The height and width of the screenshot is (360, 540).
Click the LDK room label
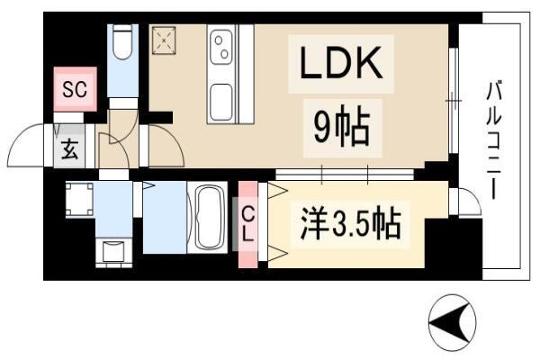click(x=341, y=63)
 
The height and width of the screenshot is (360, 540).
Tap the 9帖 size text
click(x=342, y=128)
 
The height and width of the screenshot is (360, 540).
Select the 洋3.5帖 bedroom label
click(x=351, y=223)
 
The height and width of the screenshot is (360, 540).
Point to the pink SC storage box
click(x=75, y=89)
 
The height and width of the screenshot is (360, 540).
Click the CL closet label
click(x=248, y=225)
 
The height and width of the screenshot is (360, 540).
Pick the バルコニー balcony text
click(x=493, y=139)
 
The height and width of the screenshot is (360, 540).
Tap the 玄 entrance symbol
click(x=69, y=149)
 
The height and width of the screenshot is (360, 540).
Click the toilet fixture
click(x=122, y=42)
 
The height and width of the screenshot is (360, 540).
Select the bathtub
click(x=207, y=217)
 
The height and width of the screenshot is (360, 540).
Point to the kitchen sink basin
click(x=220, y=103)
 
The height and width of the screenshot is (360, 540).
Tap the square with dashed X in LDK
click(x=164, y=40)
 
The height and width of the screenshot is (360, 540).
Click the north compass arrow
click(x=450, y=320)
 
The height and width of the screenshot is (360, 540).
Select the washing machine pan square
click(x=79, y=200)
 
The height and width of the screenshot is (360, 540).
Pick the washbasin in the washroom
click(x=113, y=252)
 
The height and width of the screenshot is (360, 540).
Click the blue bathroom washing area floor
click(x=165, y=218)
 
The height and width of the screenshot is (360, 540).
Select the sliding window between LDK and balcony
click(x=454, y=101)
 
